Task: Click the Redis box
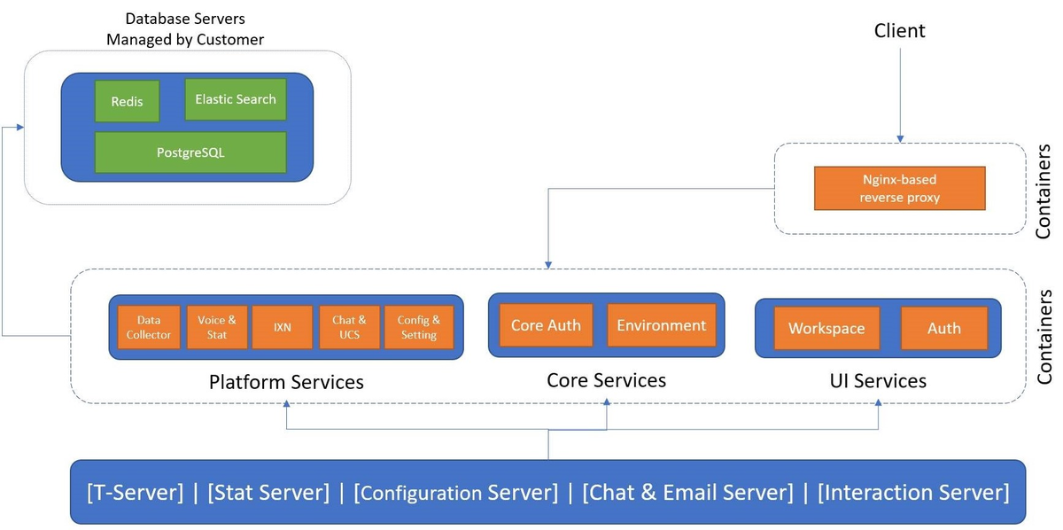click(x=127, y=101)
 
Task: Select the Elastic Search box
click(x=236, y=99)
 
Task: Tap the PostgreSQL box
click(x=190, y=152)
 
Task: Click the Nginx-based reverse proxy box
click(x=899, y=188)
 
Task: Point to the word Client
click(x=899, y=31)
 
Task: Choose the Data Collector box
click(x=149, y=327)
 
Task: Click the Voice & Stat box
click(x=217, y=327)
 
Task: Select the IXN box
click(x=283, y=327)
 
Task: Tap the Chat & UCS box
click(x=349, y=327)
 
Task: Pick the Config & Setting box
click(x=418, y=327)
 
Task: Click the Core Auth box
click(x=546, y=325)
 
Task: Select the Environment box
click(x=662, y=325)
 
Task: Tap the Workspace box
click(x=826, y=328)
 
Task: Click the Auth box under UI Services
click(x=944, y=328)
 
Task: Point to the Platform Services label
click(x=286, y=382)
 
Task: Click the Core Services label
click(x=607, y=380)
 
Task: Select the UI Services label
click(x=878, y=381)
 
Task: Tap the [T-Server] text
click(x=135, y=492)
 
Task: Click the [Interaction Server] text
click(x=913, y=492)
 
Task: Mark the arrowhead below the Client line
click(x=900, y=138)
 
